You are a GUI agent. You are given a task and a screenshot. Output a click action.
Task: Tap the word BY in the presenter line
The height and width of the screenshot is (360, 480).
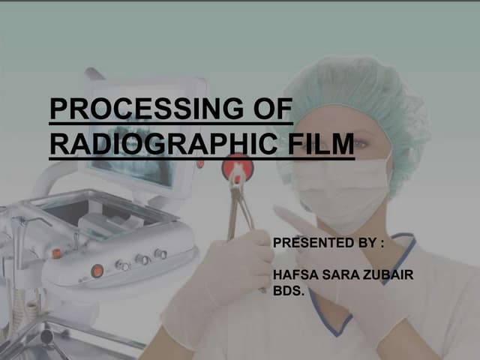[x=367, y=244]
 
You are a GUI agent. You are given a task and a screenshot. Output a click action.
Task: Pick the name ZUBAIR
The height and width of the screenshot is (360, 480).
[x=388, y=277]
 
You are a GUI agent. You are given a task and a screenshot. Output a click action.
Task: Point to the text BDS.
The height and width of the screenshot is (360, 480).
[x=288, y=289]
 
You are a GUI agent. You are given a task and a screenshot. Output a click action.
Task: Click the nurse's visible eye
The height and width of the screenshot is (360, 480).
[x=360, y=143]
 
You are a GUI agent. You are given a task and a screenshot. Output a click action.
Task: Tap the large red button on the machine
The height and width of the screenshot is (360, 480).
[x=97, y=271]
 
